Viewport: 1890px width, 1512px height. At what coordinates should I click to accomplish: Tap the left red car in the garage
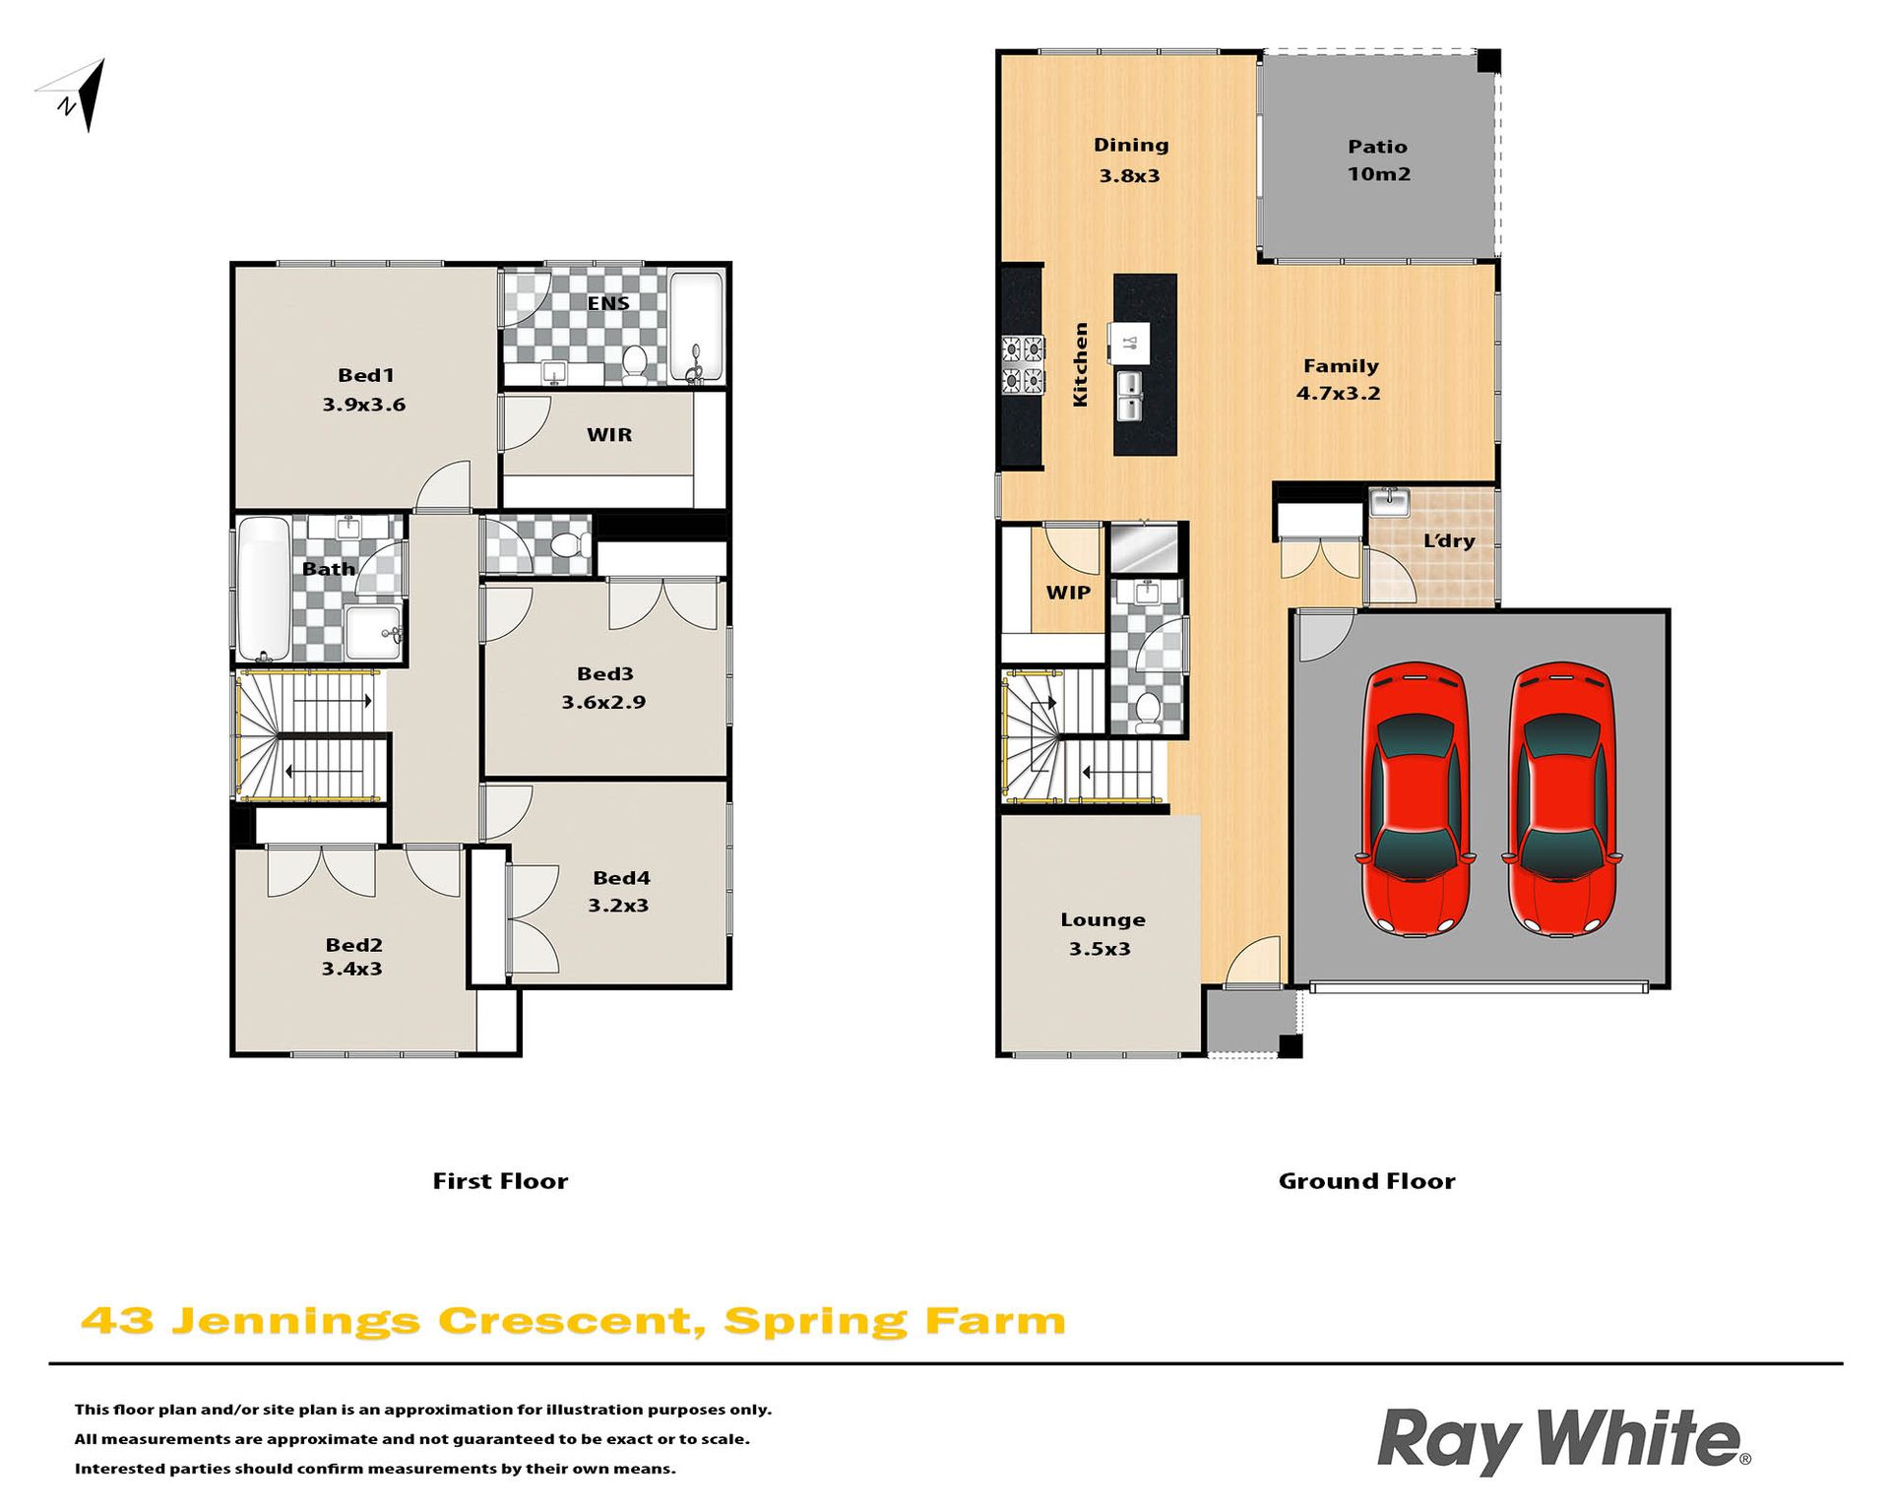[x=1415, y=798]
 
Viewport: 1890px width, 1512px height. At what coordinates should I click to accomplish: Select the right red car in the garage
[x=1562, y=798]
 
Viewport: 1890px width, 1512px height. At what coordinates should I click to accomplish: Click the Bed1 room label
[x=365, y=375]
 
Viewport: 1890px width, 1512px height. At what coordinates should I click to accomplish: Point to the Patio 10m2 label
[x=1378, y=160]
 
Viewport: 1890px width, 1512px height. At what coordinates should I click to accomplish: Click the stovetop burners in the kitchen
[x=1023, y=364]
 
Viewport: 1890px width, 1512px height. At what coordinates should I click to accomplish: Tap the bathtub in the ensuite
[x=696, y=328]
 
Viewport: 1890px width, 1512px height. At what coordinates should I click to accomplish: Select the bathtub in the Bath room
[x=264, y=589]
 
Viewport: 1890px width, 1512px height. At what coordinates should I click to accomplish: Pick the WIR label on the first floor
[x=609, y=434]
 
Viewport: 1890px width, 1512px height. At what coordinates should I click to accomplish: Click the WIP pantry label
[x=1068, y=593]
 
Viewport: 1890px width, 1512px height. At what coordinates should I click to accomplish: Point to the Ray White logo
[x=1564, y=1441]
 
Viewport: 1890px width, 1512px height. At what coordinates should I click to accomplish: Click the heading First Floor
[x=500, y=1181]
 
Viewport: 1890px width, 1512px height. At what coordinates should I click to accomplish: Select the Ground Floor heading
[x=1366, y=1181]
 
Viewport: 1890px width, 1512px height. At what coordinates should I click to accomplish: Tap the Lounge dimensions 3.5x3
[x=1100, y=949]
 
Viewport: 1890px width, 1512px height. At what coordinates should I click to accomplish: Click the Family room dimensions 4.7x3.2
[x=1338, y=394]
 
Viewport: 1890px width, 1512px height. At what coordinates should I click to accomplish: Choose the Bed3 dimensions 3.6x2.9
[x=603, y=702]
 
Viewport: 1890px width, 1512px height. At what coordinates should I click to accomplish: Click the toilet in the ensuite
[x=635, y=364]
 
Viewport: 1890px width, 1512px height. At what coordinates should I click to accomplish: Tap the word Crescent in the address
[x=572, y=1321]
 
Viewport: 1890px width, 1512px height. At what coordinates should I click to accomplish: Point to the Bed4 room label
[x=621, y=878]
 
